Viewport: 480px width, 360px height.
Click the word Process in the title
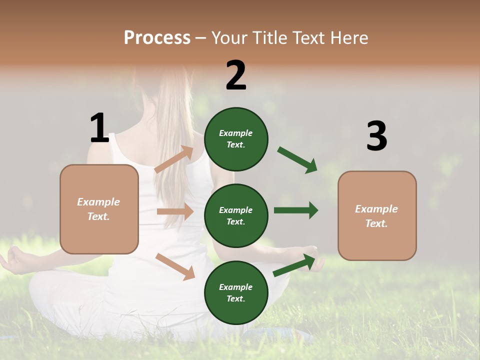pos(157,37)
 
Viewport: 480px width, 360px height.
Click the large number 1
pos(99,128)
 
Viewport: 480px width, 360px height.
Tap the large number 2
pos(236,75)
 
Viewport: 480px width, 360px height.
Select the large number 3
pos(376,136)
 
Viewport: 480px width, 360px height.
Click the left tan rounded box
pos(99,209)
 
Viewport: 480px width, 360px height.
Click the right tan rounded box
pos(377,215)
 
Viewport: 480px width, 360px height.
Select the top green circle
pos(236,139)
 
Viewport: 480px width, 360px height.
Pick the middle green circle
pos(236,215)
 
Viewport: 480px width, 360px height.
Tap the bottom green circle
pos(236,292)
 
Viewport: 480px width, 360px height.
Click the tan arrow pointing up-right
pos(174,159)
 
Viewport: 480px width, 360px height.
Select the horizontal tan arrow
pos(175,211)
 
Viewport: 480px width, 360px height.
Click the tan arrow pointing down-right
pos(175,266)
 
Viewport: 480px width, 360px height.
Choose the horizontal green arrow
pos(295,210)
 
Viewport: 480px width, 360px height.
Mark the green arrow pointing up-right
pos(294,265)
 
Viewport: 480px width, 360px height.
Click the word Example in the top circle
pos(236,133)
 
